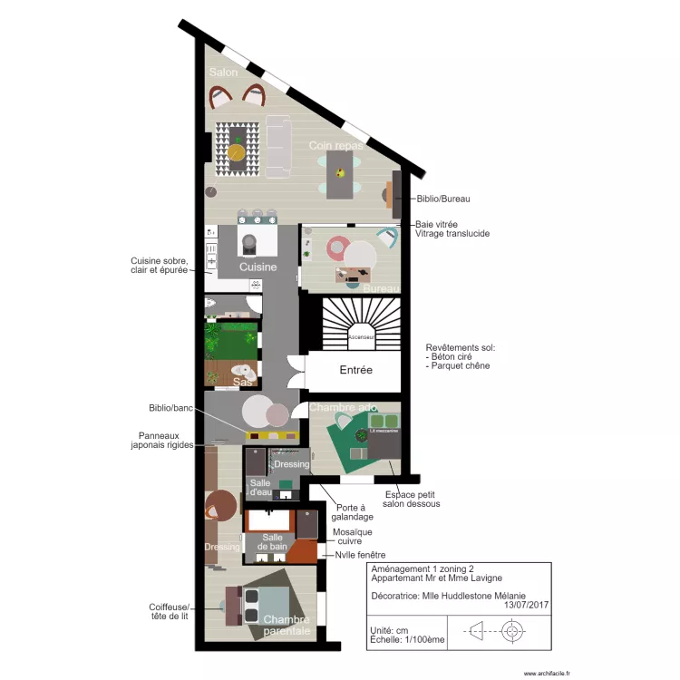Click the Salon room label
tap(223, 72)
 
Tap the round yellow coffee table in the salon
tap(237, 152)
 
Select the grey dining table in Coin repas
tap(340, 174)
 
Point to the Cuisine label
tap(257, 267)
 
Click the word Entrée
tap(356, 370)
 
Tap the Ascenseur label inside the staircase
tap(362, 336)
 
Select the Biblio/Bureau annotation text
tap(443, 198)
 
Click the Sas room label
tap(242, 382)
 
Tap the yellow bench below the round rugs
tap(273, 435)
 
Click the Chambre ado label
tap(342, 408)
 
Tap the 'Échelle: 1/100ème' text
tap(407, 639)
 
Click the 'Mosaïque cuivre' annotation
tap(352, 538)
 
